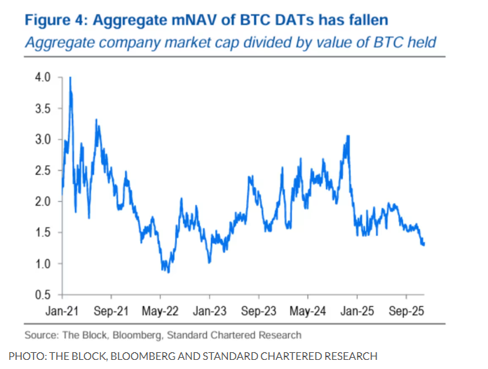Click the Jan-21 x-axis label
click(65, 309)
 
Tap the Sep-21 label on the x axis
click(113, 309)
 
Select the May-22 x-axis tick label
click(161, 309)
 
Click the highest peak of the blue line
click(70, 78)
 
